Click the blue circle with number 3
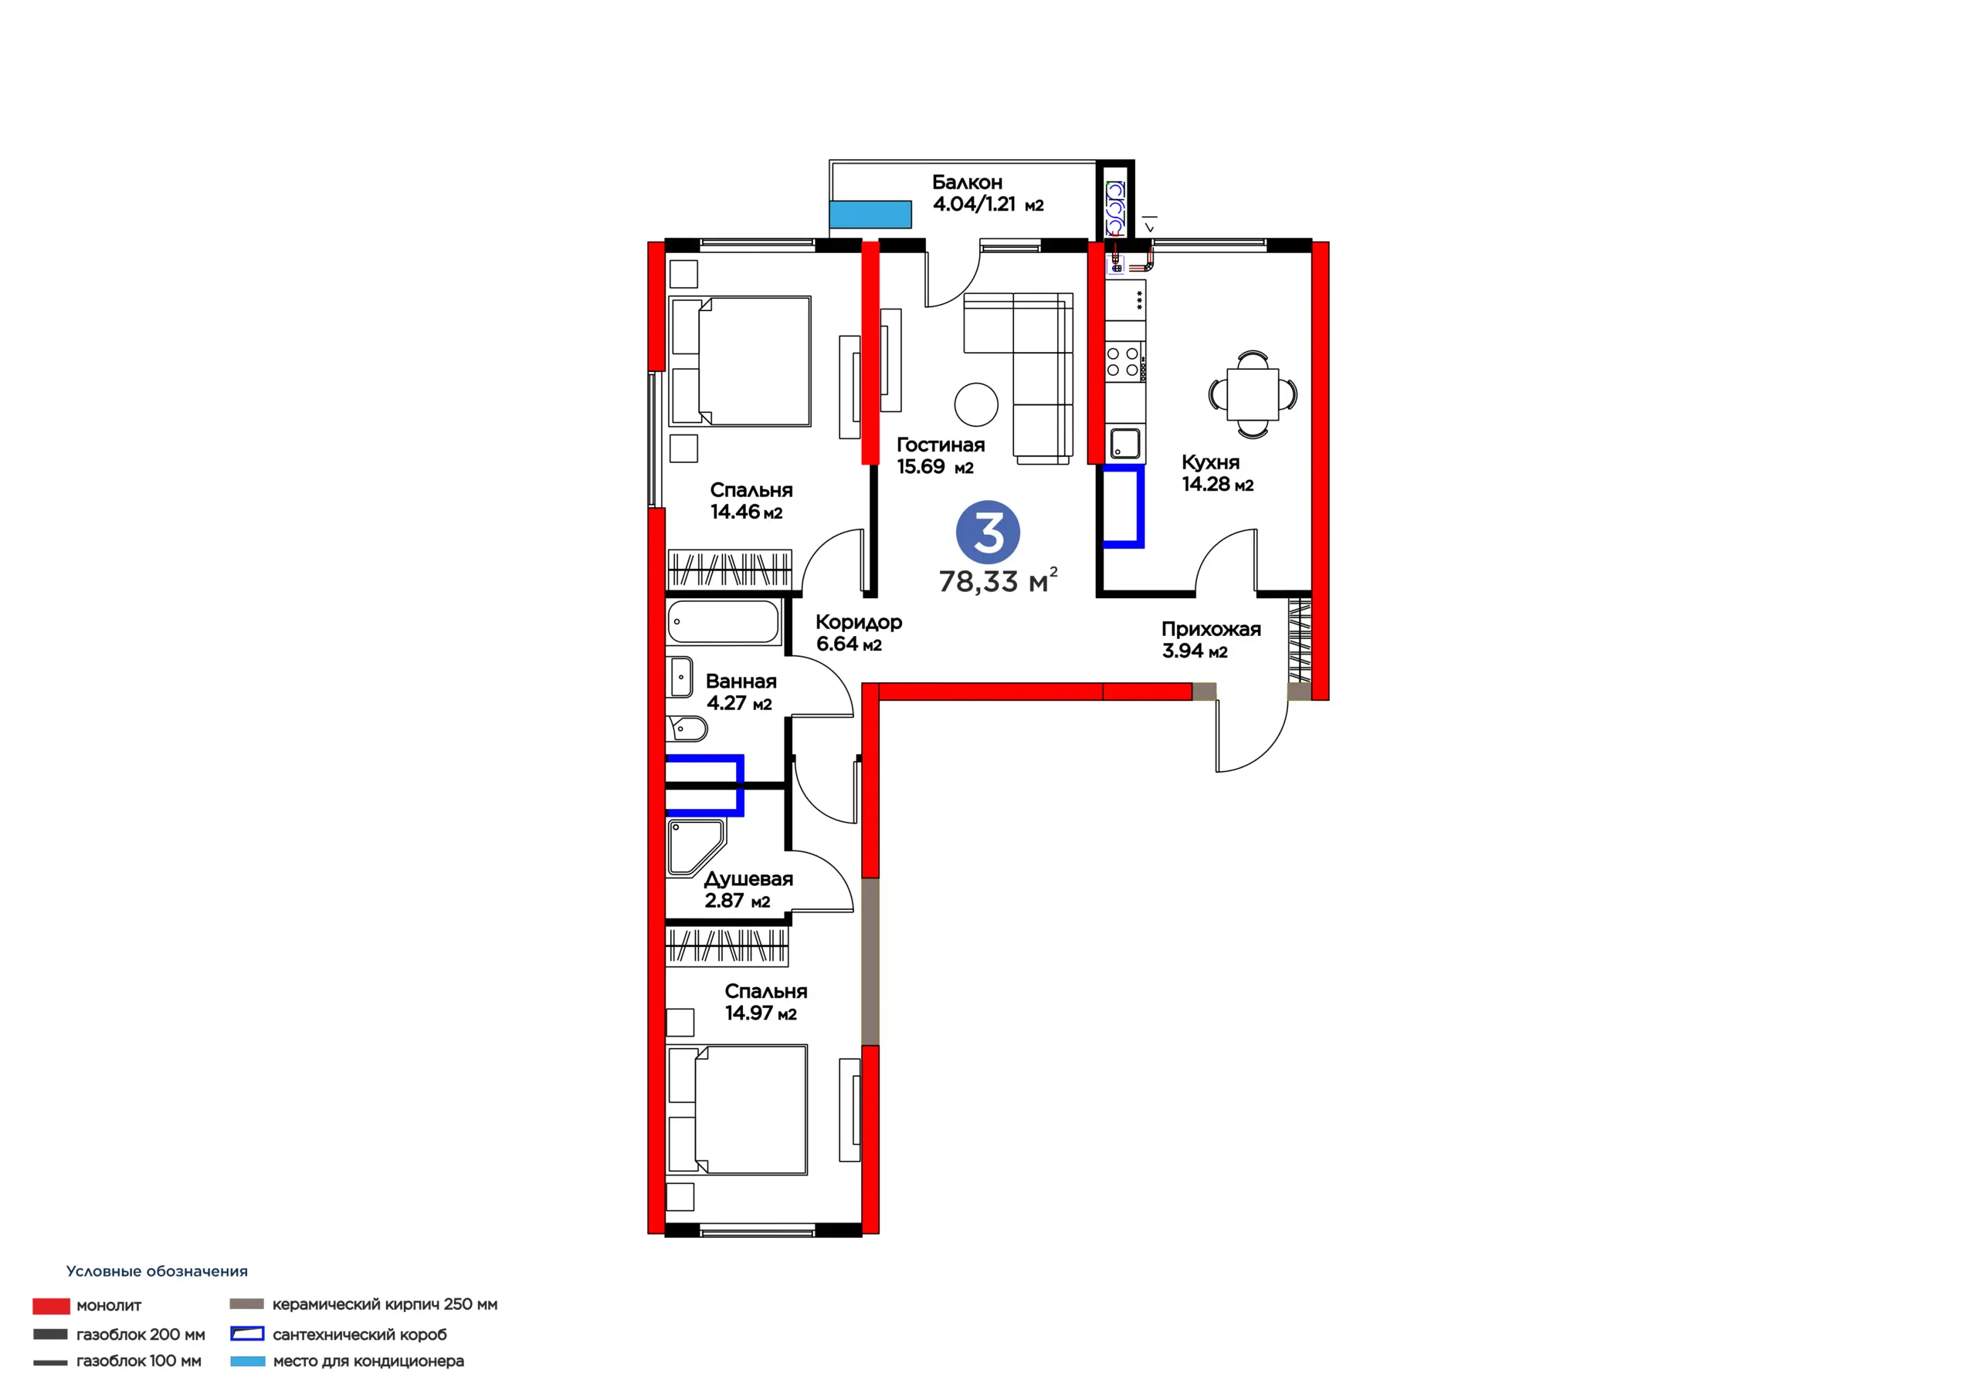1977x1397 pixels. click(988, 533)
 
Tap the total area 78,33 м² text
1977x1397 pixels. click(998, 581)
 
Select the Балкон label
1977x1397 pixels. click(967, 182)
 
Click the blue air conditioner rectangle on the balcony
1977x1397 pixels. click(870, 215)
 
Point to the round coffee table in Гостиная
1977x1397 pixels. click(976, 404)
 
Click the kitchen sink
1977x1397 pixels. click(1124, 444)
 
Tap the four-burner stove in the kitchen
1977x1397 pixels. click(1125, 361)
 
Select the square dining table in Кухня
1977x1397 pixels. click(1253, 394)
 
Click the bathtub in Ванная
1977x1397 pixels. click(724, 621)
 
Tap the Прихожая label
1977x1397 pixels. click(1211, 629)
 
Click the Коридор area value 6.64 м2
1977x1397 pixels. click(849, 644)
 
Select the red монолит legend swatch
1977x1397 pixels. click(51, 1306)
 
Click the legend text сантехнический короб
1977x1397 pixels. click(360, 1334)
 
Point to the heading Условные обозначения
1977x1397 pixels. click(157, 1271)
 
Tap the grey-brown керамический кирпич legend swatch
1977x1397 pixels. click(246, 1303)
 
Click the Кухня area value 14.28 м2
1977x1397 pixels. click(1218, 485)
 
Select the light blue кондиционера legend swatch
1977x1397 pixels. click(247, 1361)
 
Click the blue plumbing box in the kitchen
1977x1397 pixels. click(1124, 506)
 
